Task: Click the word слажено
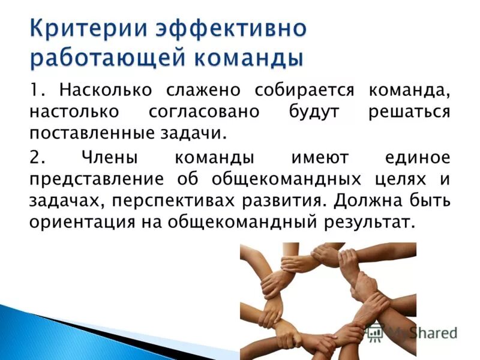click(x=200, y=92)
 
